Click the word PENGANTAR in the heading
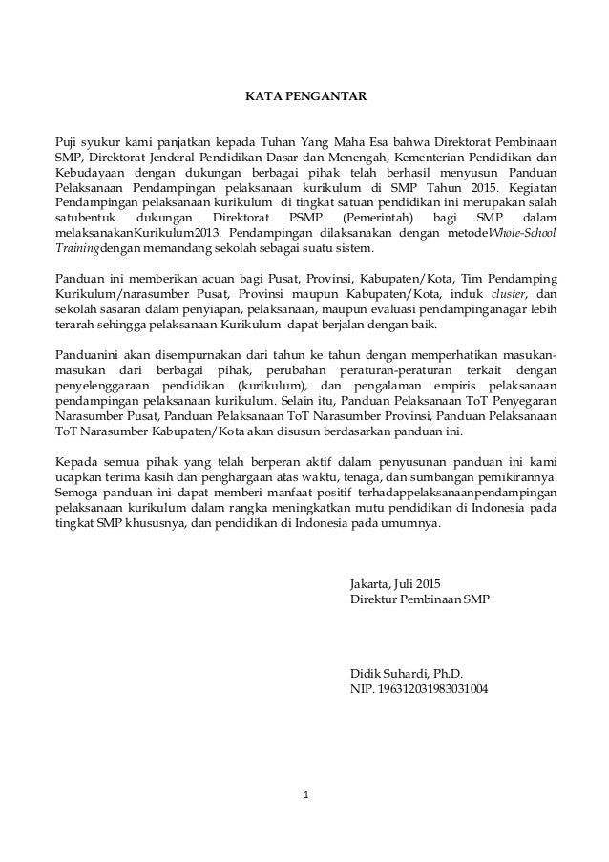coord(333,96)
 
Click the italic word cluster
coord(506,293)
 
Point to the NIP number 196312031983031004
coord(432,689)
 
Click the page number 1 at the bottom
coord(304,794)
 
